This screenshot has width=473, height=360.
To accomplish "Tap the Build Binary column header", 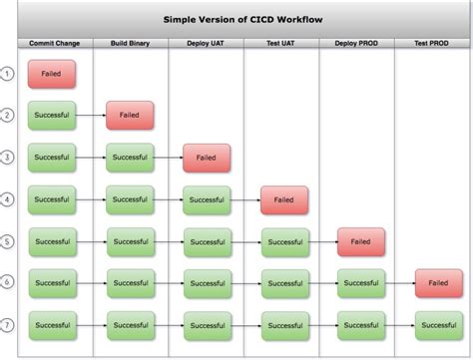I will tap(130, 43).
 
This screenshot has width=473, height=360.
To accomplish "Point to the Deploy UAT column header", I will tap(206, 43).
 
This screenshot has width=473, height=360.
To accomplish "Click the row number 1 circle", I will tap(8, 74).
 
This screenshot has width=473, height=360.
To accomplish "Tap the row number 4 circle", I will tap(8, 199).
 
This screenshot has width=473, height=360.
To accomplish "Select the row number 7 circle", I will tap(8, 325).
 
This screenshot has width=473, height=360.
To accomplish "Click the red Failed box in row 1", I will tap(52, 74).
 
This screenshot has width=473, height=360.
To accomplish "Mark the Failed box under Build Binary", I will tap(130, 116).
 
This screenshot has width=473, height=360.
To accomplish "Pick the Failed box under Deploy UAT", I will tap(207, 158).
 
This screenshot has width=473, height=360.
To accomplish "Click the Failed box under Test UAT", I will tap(284, 199).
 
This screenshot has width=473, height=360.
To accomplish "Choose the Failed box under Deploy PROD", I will tap(361, 241).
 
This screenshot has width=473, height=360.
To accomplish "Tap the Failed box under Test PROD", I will tap(439, 283).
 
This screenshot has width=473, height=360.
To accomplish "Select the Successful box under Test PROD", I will tap(439, 325).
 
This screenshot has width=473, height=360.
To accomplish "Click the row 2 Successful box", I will tap(52, 116).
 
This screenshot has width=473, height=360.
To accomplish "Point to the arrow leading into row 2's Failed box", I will tap(91, 116).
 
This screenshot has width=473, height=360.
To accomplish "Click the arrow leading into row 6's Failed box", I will tap(400, 283).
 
